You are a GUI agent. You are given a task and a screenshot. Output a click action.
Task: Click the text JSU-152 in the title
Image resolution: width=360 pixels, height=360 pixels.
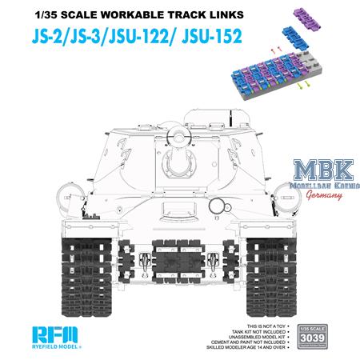point(210,36)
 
